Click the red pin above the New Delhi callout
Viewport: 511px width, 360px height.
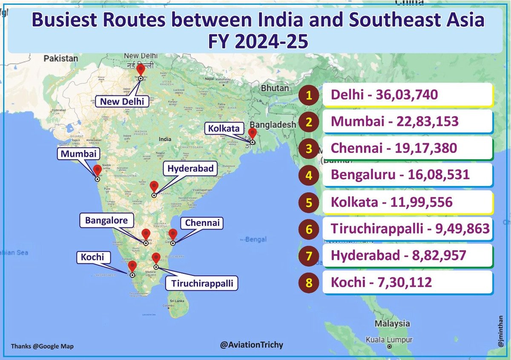coord(141,69)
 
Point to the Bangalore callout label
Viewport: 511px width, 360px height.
coord(106,220)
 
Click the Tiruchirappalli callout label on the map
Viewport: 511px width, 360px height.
coord(202,283)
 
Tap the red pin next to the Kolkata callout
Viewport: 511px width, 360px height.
coord(252,134)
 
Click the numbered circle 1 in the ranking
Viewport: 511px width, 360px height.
coord(310,95)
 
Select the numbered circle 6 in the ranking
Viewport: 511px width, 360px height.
coord(310,229)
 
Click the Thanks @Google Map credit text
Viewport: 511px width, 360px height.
coord(42,346)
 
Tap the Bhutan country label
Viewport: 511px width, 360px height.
coord(275,88)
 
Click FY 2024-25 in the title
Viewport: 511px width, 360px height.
coord(255,42)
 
